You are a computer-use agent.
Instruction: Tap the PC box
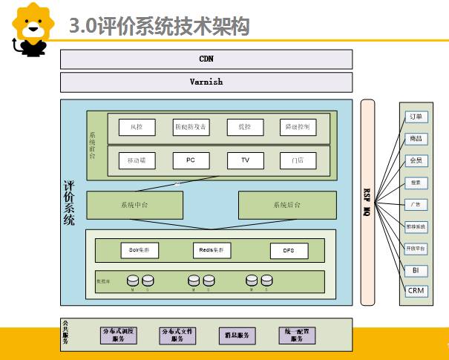(191, 160)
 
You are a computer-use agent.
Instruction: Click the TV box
(245, 160)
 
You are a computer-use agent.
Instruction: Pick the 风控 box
(137, 128)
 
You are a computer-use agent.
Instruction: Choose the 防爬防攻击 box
(191, 128)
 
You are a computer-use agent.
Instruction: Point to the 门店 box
(298, 160)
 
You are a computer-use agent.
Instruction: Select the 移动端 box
(137, 160)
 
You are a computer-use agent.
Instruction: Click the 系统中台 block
(134, 205)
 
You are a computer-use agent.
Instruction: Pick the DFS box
(289, 251)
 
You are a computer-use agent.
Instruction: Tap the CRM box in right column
(416, 290)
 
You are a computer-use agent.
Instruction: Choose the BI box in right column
(416, 270)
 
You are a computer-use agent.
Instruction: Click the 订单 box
(416, 117)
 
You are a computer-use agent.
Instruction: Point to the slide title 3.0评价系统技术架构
(159, 27)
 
